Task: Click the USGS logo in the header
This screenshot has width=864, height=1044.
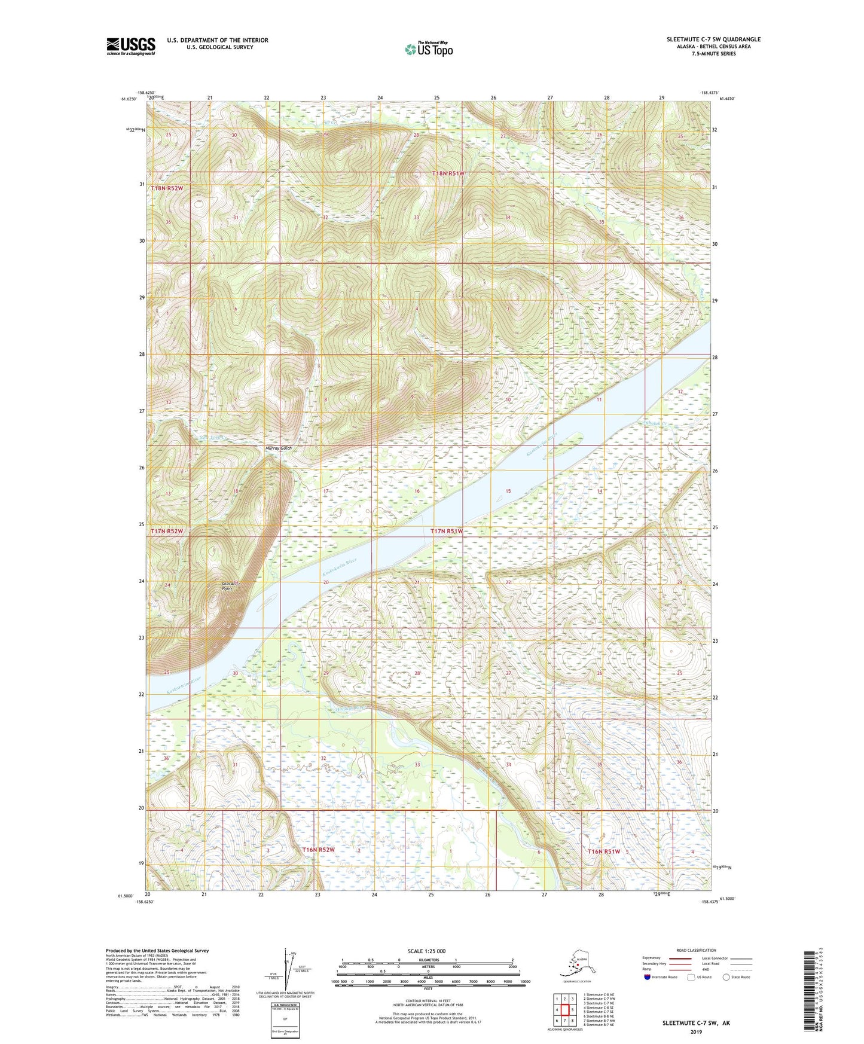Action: (131, 46)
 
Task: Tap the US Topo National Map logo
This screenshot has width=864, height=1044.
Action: (429, 48)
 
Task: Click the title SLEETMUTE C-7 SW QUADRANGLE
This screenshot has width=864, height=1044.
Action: (713, 39)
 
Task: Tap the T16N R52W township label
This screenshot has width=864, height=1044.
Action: (318, 850)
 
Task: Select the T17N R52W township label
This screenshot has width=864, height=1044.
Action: (166, 531)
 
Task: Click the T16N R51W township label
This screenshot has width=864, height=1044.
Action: (604, 851)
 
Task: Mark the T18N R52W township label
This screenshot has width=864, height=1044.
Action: (167, 188)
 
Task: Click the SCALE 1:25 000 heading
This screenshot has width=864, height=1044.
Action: (426, 951)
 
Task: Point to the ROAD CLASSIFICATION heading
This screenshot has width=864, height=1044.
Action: (696, 950)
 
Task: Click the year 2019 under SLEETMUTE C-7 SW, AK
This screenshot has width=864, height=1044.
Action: (695, 1031)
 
